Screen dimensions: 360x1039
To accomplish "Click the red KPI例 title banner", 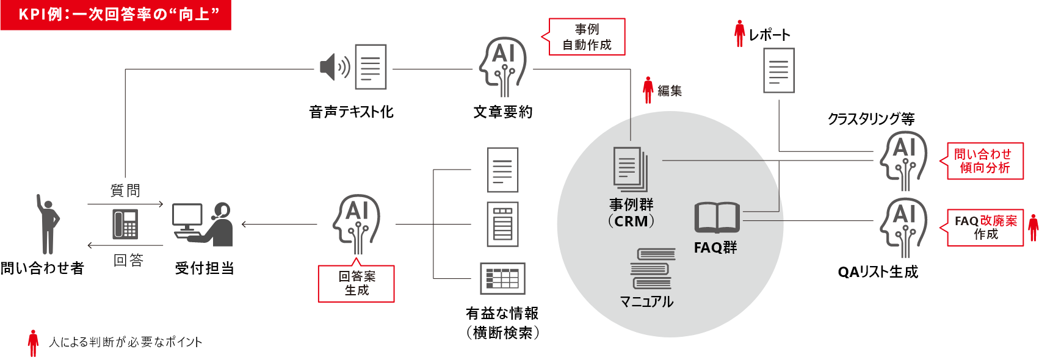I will (x=116, y=15).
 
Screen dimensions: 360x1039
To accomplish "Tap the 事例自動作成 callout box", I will (x=587, y=37).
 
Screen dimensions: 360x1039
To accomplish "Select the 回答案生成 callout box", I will (x=357, y=284).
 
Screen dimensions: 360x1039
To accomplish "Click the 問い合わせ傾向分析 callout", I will (x=985, y=161).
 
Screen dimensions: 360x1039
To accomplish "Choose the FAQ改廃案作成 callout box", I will (x=985, y=228).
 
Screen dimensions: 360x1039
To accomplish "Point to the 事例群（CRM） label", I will (x=631, y=213).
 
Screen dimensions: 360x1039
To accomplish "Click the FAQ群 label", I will (x=715, y=248).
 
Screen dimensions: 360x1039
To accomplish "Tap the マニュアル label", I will (x=646, y=302).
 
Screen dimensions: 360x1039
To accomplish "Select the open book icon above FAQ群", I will (x=717, y=218).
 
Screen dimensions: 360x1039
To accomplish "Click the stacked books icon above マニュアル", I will (x=653, y=268).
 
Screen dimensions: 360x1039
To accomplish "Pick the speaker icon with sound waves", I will (x=335, y=67).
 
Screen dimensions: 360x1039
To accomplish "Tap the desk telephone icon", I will (x=125, y=224).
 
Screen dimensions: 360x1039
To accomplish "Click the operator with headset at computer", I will (x=203, y=225).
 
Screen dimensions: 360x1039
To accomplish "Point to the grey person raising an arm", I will (x=48, y=224).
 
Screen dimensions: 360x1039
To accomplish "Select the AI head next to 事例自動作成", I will (x=503, y=67).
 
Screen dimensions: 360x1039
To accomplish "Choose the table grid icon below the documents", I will (x=502, y=279).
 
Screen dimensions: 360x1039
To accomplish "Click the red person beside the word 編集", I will (x=648, y=90).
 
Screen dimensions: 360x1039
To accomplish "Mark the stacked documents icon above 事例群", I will (x=630, y=169).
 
